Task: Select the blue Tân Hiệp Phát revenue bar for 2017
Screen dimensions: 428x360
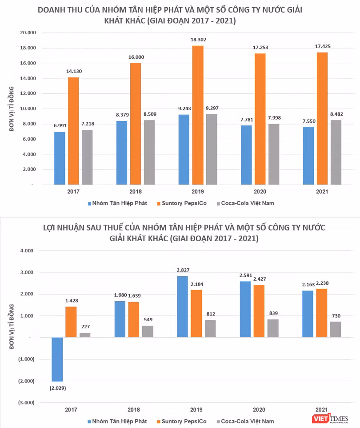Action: coord(60,158)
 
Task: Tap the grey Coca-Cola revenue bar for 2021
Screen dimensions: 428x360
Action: coord(336,152)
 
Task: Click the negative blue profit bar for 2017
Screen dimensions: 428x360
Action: coord(57,359)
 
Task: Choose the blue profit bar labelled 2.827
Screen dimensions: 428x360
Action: coord(182,307)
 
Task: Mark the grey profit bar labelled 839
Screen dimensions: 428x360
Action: coord(273,328)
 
